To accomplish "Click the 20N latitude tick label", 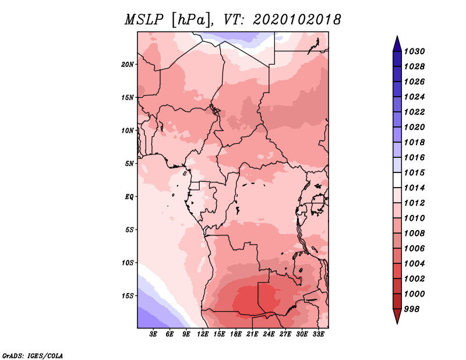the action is (128, 65).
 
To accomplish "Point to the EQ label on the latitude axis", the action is (129, 197).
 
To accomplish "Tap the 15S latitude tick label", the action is (128, 296).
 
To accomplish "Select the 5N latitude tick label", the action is (129, 164).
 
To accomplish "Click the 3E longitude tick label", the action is (153, 334).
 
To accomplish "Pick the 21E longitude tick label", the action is (252, 334).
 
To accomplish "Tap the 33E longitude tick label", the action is (318, 334).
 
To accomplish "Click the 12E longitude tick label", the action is (203, 334).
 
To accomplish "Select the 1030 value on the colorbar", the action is (414, 51).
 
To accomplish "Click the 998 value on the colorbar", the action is (412, 309).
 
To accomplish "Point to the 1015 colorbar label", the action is (414, 172).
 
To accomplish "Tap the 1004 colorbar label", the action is (414, 264).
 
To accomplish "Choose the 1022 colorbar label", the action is (414, 112).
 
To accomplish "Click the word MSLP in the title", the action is (144, 20).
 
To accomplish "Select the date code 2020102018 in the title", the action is (297, 20).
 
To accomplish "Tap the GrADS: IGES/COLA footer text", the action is (33, 355).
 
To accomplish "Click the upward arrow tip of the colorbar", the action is (397, 36).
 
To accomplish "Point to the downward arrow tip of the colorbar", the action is (397, 324).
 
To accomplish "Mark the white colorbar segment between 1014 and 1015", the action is (397, 180).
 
